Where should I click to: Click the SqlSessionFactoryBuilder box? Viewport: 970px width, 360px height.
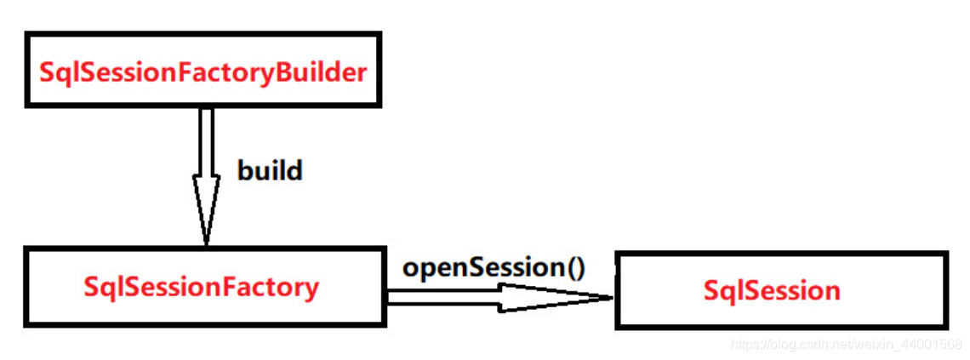pos(203,70)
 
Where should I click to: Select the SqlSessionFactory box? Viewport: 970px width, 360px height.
pos(203,287)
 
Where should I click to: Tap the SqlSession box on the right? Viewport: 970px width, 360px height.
pos(780,289)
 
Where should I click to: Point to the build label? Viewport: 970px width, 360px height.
pos(270,171)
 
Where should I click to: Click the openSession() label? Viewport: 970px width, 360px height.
pos(494,268)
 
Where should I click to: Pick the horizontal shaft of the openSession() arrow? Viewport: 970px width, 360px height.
pos(442,297)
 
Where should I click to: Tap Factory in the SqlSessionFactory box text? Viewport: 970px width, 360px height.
pos(271,288)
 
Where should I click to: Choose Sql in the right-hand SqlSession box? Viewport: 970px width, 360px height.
pos(722,290)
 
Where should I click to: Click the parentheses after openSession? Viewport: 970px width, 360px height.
pos(576,269)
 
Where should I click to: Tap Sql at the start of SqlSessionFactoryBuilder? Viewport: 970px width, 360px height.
pos(57,71)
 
